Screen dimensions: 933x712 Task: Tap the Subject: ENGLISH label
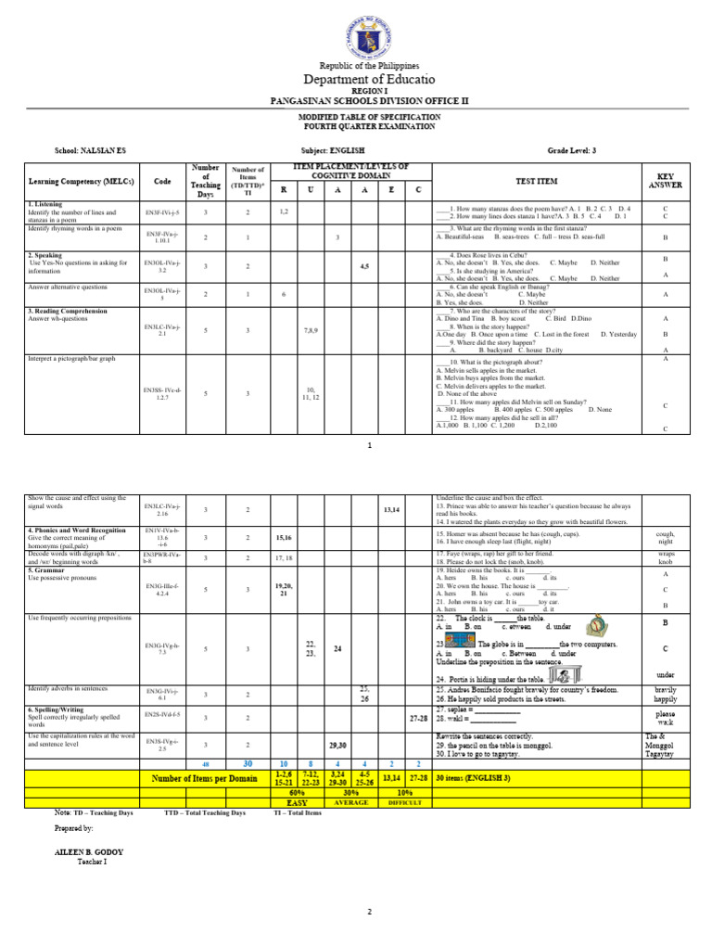tap(333, 149)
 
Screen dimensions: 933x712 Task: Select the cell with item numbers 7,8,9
tap(311, 329)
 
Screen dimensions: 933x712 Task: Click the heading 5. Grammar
tap(54, 563)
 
